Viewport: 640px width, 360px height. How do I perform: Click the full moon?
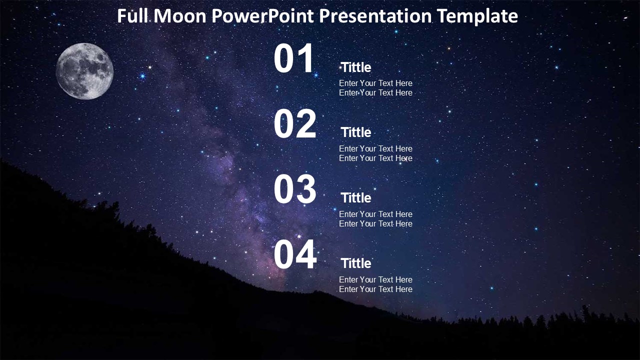[x=84, y=71]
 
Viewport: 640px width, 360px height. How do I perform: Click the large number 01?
[x=294, y=59]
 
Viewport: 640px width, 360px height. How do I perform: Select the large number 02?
[x=295, y=124]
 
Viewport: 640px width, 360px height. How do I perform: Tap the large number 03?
[x=295, y=190]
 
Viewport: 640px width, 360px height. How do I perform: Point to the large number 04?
[x=295, y=255]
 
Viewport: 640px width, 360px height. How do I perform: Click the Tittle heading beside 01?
[x=356, y=67]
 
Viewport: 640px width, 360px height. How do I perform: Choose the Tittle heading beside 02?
[x=356, y=132]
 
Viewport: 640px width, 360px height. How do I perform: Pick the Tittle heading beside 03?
[x=356, y=198]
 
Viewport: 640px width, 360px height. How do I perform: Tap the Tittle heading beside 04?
[x=356, y=263]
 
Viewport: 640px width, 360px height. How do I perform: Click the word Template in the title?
[x=477, y=16]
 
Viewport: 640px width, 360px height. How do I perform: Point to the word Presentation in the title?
[x=375, y=16]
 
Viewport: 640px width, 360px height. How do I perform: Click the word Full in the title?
[x=133, y=16]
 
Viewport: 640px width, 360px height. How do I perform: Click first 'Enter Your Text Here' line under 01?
[x=375, y=83]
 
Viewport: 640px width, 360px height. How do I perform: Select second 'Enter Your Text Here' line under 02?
[x=375, y=158]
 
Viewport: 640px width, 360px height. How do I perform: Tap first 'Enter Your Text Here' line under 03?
[x=375, y=214]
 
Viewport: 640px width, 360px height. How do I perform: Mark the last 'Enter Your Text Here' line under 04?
[x=375, y=289]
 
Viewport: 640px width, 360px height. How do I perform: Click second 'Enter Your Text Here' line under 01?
[x=375, y=92]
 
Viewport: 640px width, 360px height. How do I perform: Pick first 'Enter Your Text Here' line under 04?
[x=375, y=279]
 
